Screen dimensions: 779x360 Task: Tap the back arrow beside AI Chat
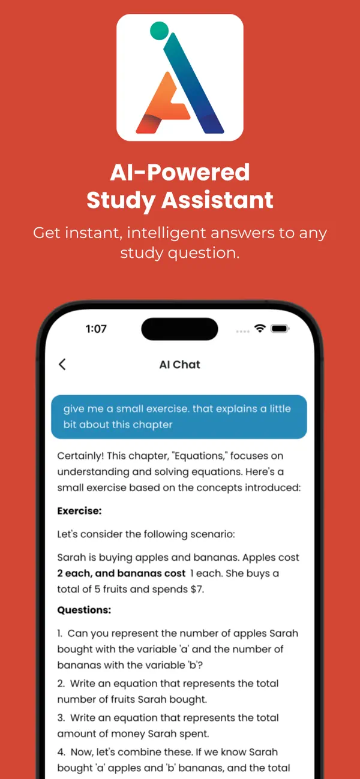[x=62, y=364]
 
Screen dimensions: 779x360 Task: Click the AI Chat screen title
[x=179, y=365]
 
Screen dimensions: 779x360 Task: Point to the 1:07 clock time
[x=96, y=329]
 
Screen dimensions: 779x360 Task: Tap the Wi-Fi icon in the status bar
[x=260, y=329]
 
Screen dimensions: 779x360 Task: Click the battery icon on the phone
[x=280, y=329]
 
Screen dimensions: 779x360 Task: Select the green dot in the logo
[x=159, y=30]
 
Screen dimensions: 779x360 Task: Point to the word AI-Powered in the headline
[x=179, y=173]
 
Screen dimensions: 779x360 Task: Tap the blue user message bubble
[x=179, y=417]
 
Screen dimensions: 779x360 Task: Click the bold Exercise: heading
[x=79, y=511]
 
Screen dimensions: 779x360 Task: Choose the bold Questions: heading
[x=84, y=610]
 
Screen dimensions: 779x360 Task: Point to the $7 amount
[x=196, y=589]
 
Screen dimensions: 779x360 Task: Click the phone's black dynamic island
[x=179, y=329]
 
